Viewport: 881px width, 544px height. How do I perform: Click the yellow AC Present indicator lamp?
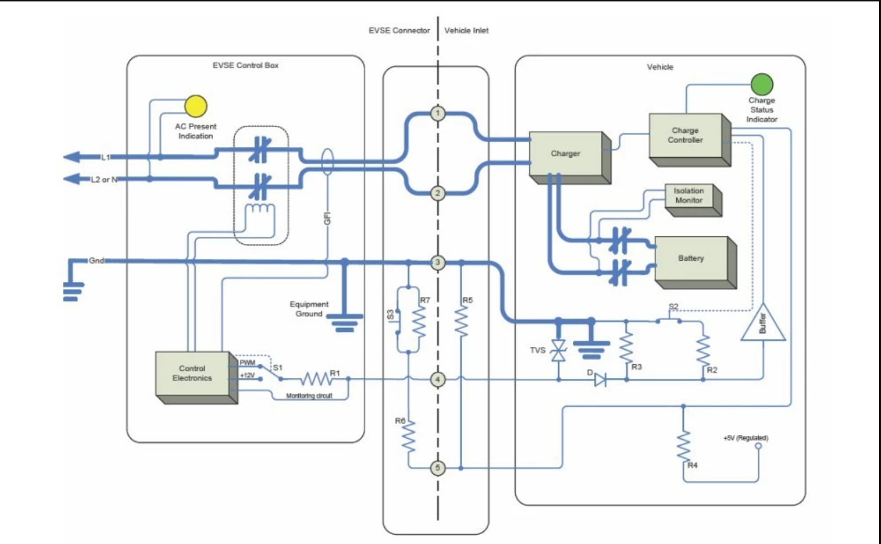pyautogui.click(x=194, y=107)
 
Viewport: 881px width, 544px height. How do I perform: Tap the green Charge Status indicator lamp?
pyautogui.click(x=762, y=85)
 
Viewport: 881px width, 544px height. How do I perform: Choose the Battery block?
pyautogui.click(x=690, y=260)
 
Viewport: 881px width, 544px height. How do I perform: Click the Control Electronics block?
pyautogui.click(x=192, y=374)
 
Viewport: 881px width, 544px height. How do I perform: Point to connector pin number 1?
pyautogui.click(x=438, y=113)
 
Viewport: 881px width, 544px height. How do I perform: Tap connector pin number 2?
pyautogui.click(x=438, y=193)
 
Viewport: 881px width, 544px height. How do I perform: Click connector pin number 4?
pyautogui.click(x=438, y=380)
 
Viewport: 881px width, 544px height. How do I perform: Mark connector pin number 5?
pyautogui.click(x=438, y=468)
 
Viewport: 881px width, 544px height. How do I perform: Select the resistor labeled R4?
pyautogui.click(x=684, y=446)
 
